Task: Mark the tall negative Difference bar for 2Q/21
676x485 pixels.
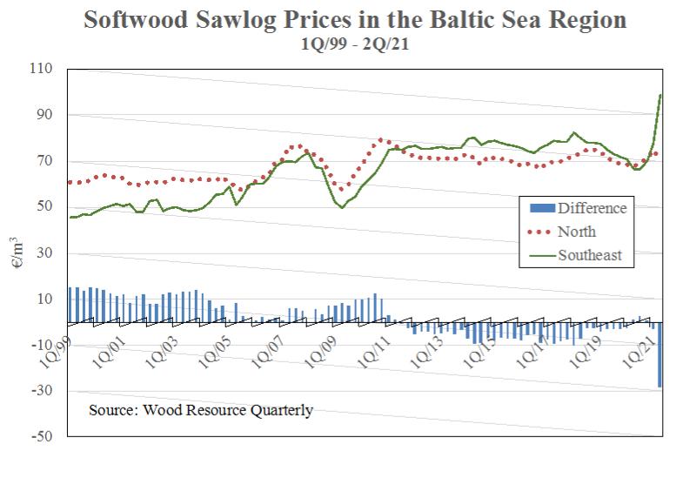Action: (x=659, y=354)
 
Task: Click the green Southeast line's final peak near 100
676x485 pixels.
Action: (x=660, y=95)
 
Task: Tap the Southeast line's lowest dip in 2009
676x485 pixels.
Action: (x=341, y=207)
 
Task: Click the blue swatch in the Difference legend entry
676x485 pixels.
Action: (x=541, y=208)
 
